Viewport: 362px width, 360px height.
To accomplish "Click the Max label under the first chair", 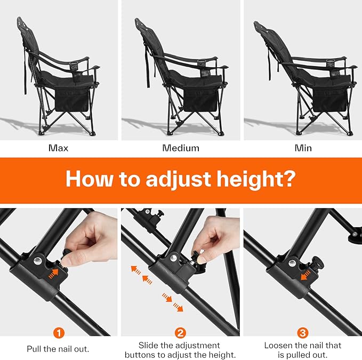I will [59, 148].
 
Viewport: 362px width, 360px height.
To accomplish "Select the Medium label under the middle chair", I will [181, 148].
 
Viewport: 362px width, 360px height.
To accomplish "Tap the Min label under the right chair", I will [303, 148].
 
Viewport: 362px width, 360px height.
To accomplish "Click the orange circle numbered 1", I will [59, 333].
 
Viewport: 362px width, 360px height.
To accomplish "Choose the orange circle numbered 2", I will [181, 333].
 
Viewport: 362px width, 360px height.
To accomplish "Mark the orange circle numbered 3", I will [303, 333].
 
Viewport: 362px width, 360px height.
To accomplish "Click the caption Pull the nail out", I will [59, 349].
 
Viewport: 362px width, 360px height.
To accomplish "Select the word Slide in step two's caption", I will [148, 345].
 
